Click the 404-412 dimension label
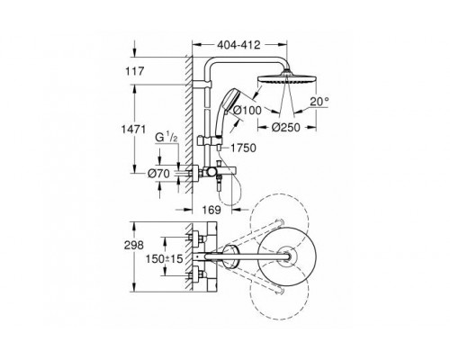[238, 45]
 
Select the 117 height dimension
[135, 71]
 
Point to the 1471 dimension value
[133, 130]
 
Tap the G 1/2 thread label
[166, 138]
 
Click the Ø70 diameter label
[158, 173]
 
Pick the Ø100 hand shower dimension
[247, 110]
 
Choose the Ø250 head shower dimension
[286, 127]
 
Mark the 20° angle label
[319, 102]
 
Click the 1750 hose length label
[243, 148]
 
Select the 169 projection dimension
[211, 210]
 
